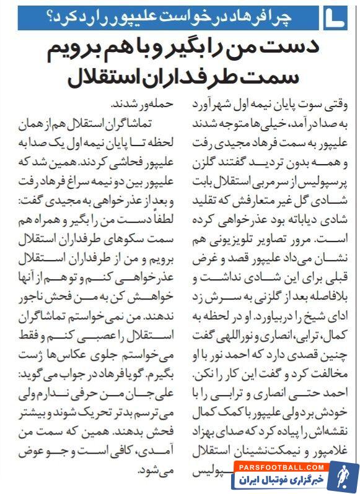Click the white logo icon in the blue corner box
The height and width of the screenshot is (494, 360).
(x=335, y=16)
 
